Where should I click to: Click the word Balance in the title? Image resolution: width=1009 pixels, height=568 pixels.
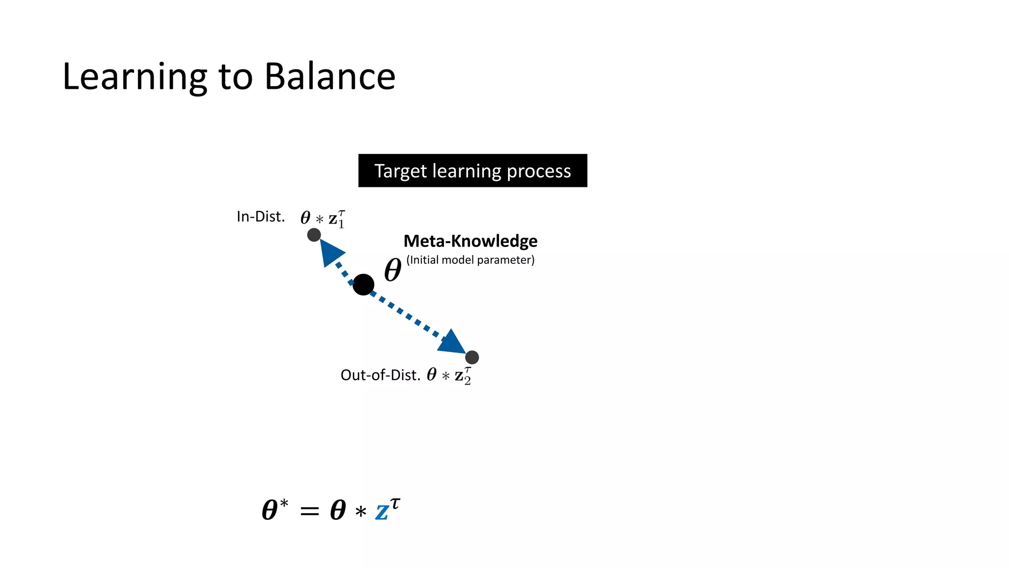(330, 76)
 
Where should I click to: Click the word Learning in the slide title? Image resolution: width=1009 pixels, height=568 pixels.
(135, 77)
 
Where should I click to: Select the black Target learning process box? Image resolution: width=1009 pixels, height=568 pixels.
(472, 171)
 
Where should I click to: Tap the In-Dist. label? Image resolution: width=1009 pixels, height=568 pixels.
(261, 216)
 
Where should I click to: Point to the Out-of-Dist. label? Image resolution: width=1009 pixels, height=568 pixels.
(380, 375)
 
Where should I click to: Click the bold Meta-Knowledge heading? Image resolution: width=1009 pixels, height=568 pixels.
(470, 241)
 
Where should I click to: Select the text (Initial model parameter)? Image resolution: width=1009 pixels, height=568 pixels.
(470, 260)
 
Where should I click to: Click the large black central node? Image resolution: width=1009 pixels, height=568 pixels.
(364, 284)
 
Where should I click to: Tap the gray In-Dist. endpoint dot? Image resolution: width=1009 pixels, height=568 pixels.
(314, 235)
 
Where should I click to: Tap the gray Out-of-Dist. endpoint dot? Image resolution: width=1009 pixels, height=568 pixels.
(472, 357)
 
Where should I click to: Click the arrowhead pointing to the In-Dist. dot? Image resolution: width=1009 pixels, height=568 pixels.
(330, 251)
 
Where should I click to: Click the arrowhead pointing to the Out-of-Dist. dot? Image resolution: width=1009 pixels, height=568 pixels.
(451, 342)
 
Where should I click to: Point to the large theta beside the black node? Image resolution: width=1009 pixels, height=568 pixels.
(393, 270)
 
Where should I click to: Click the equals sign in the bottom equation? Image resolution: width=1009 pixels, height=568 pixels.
(309, 511)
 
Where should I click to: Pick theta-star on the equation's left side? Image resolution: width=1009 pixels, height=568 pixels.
(274, 509)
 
